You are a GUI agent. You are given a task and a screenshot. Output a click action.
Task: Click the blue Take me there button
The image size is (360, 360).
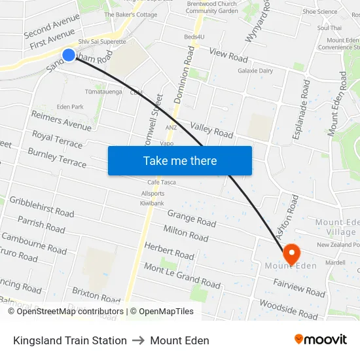(x=179, y=160)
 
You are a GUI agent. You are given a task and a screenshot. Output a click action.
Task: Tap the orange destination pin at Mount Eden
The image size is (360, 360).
(x=291, y=252)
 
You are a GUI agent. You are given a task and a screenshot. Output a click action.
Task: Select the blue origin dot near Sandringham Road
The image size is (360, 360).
(x=69, y=55)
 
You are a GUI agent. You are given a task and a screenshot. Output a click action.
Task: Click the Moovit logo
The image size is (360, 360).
(x=321, y=340)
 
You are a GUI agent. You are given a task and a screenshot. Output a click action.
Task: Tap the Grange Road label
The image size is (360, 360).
(x=191, y=218)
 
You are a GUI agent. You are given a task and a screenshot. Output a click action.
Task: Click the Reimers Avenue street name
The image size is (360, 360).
(x=61, y=121)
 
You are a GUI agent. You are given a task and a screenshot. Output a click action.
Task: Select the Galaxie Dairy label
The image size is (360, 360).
(x=255, y=71)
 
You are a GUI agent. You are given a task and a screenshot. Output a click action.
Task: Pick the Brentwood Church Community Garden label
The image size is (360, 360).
(x=211, y=7)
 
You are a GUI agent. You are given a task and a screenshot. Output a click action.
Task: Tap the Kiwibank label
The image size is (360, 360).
(x=151, y=204)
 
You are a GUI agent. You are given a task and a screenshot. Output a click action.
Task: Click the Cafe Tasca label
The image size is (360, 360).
(x=162, y=182)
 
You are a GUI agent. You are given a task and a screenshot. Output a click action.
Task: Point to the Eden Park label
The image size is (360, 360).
(x=70, y=107)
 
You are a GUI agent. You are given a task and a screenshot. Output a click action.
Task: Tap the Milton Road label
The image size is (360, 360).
(x=185, y=232)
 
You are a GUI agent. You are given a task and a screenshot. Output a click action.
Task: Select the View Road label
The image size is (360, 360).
(x=228, y=54)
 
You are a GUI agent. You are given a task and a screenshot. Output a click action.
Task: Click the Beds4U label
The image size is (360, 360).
(x=194, y=37)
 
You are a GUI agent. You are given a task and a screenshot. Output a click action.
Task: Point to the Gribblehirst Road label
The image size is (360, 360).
(x=42, y=206)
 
